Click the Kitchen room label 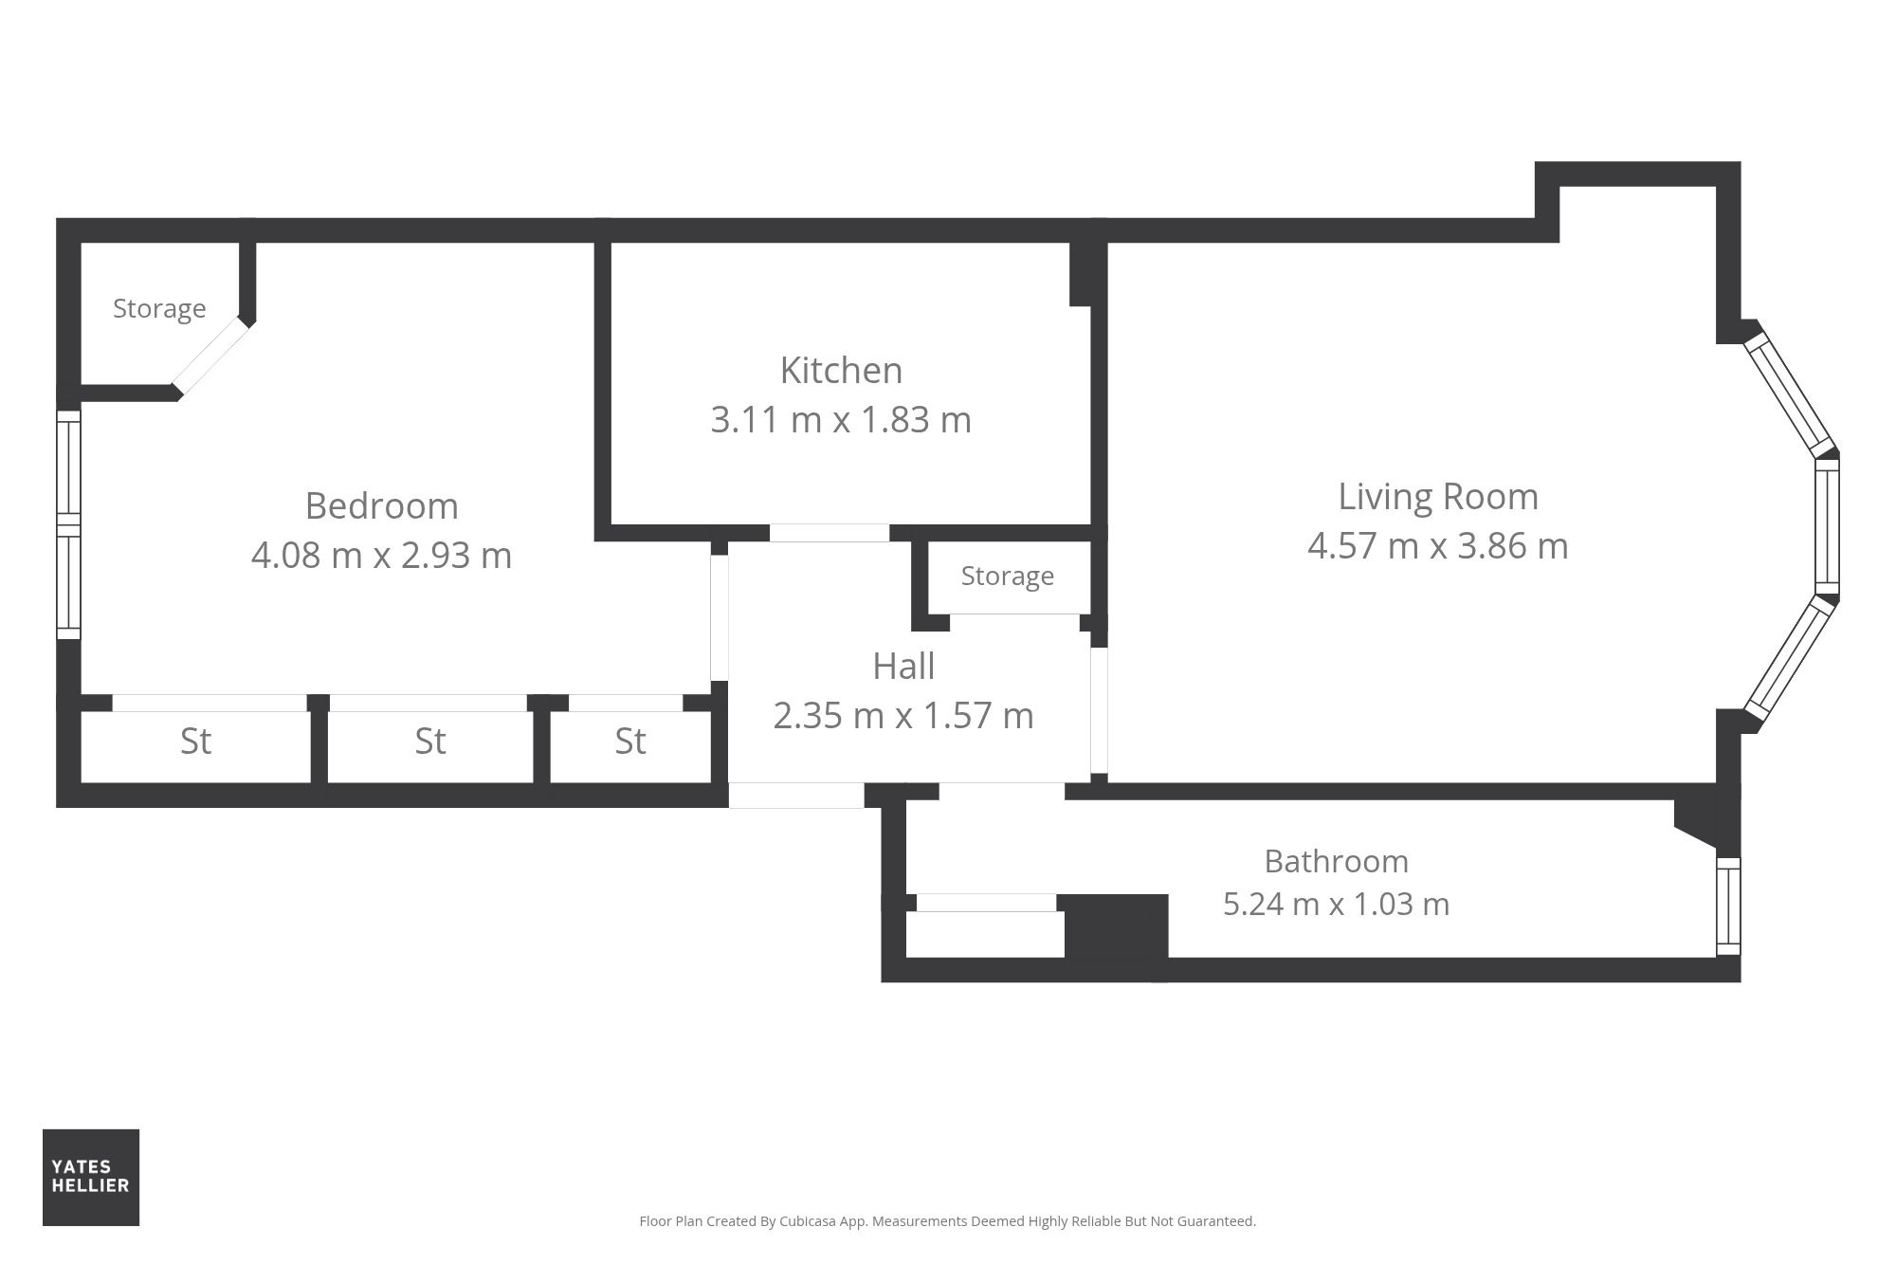pos(841,370)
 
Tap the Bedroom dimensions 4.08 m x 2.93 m pos(381,555)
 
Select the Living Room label pos(1438,497)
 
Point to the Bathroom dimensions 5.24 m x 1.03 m pos(1337,904)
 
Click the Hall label pos(903,667)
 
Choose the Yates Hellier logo pos(91,1177)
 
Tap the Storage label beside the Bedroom pos(159,309)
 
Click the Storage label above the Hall pos(1008,577)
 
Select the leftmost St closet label pos(195,741)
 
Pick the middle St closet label pos(430,741)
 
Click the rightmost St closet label pos(630,741)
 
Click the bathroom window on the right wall pos(1728,906)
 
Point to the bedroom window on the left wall pos(68,524)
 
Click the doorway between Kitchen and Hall pos(829,533)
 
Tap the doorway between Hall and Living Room pos(1099,710)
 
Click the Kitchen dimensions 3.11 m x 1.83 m pos(841,420)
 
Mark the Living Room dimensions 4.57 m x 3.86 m pos(1438,546)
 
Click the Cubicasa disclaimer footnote pos(947,1221)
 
